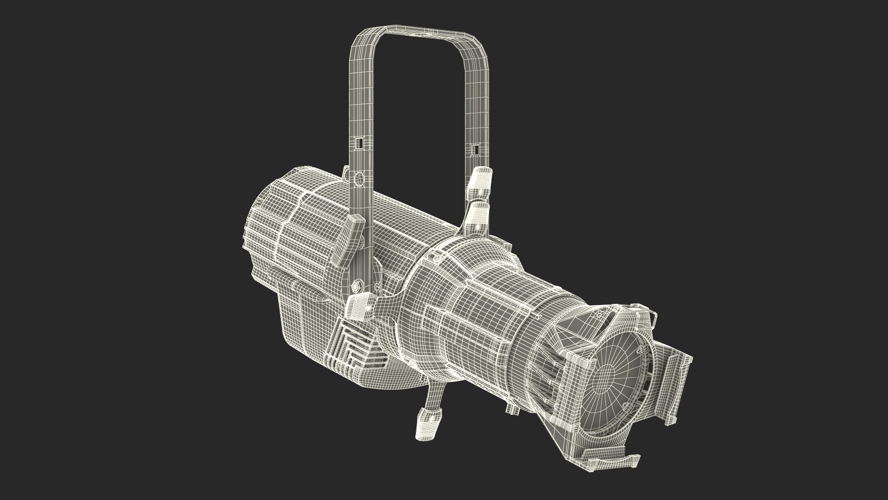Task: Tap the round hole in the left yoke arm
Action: (x=358, y=178)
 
